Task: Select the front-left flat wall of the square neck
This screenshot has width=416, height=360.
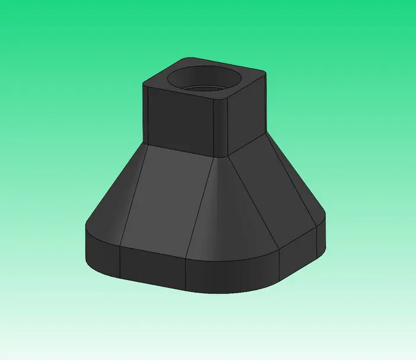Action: coord(178,119)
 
